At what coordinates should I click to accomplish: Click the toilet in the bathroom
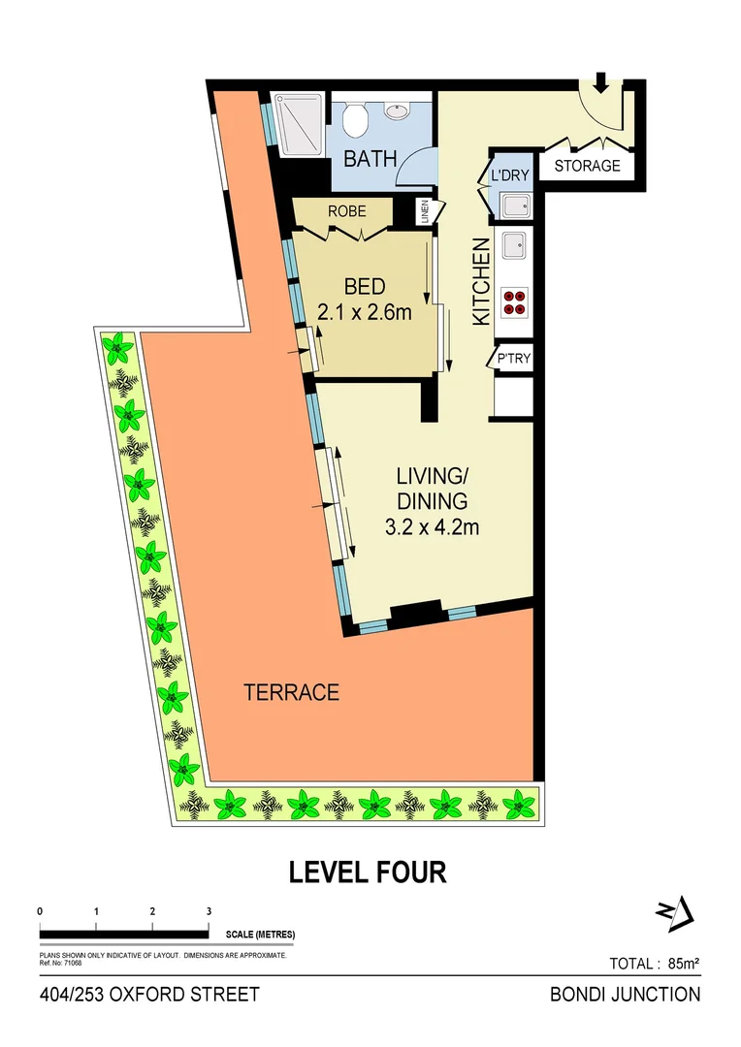355,120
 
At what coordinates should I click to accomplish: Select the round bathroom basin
398,111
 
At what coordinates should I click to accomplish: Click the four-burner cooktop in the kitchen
515,302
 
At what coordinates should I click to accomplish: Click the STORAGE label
587,166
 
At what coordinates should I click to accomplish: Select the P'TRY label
513,360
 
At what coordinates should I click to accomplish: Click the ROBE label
344,209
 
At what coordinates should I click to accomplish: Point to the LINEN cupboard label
424,212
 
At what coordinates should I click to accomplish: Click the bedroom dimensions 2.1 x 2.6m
365,312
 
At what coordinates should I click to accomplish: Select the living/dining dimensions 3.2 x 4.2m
432,528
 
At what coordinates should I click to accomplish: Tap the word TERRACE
291,693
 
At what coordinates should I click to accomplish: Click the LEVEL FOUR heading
369,872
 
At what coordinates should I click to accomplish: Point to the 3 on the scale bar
209,911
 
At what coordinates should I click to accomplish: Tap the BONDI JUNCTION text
625,994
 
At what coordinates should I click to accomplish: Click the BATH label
370,158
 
